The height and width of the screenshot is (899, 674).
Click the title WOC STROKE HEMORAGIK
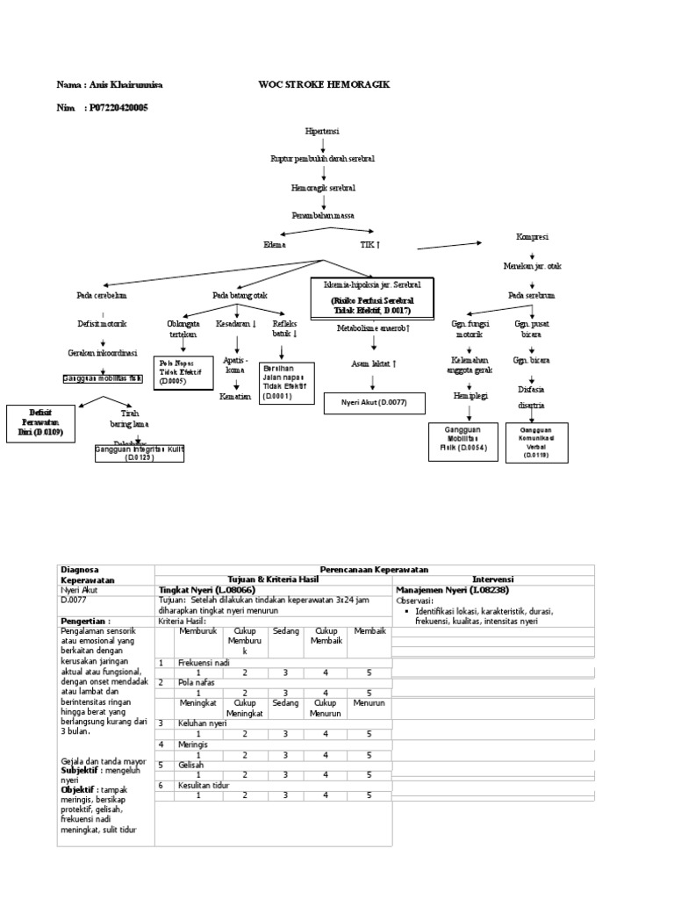click(324, 84)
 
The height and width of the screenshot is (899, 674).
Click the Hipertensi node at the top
click(322, 130)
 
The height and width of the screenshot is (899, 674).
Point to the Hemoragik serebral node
click(323, 187)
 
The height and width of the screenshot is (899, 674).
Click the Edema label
click(275, 245)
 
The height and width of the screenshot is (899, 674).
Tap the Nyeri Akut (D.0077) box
click(374, 403)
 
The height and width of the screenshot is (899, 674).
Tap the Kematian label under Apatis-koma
click(235, 396)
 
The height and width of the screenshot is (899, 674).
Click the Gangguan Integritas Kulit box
click(140, 452)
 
